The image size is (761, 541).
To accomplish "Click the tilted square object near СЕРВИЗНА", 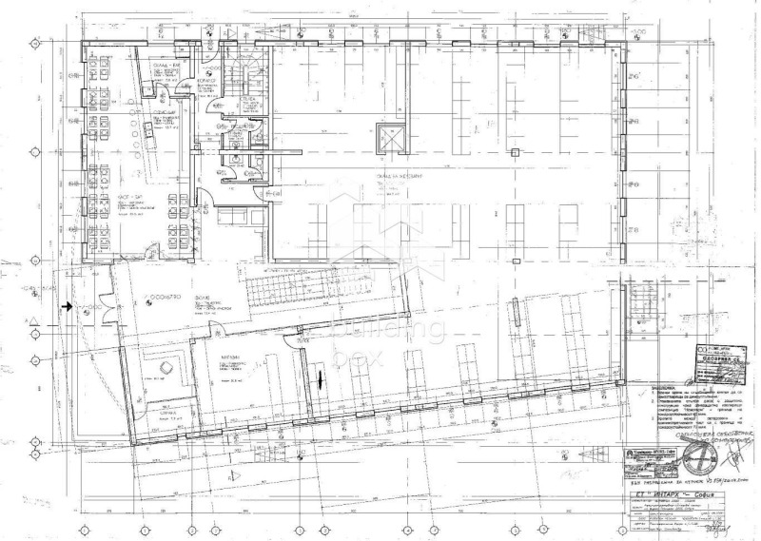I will (x=166, y=367).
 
